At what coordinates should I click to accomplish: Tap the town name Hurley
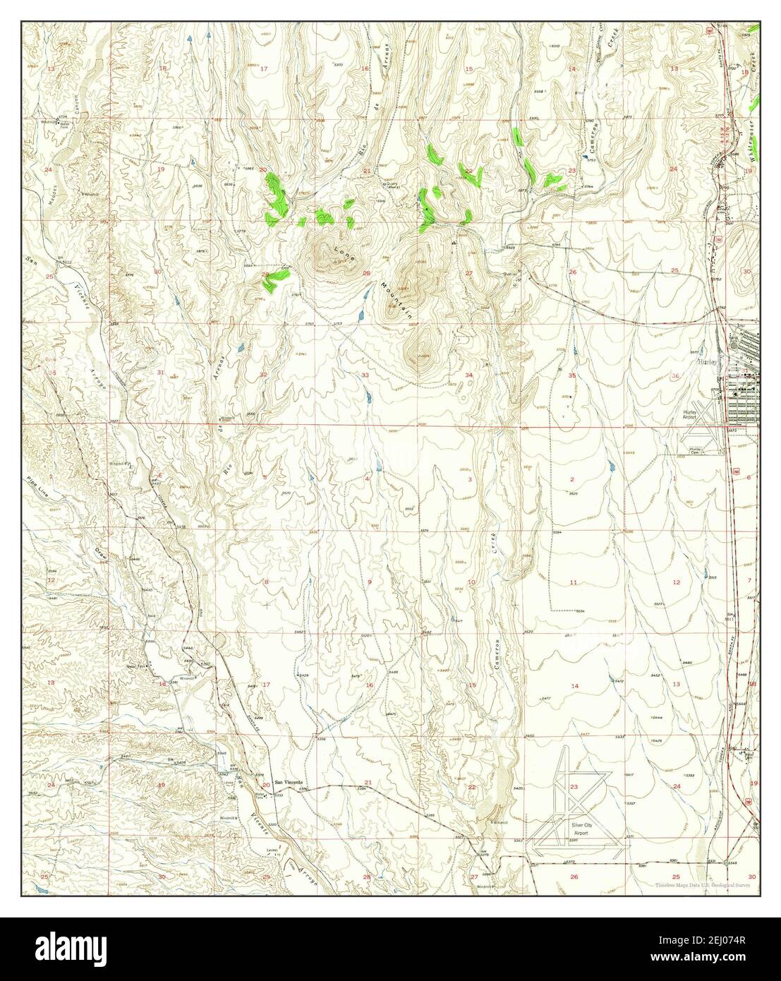pyautogui.click(x=706, y=359)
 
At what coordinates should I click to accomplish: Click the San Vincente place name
pyautogui.click(x=288, y=783)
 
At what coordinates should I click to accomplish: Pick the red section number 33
pyautogui.click(x=365, y=375)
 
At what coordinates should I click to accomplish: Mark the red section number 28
pyautogui.click(x=366, y=272)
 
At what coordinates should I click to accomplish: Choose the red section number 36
pyautogui.click(x=675, y=375)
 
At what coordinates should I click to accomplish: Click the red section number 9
pyautogui.click(x=369, y=582)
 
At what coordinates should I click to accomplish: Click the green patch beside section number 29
pyautogui.click(x=274, y=279)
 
